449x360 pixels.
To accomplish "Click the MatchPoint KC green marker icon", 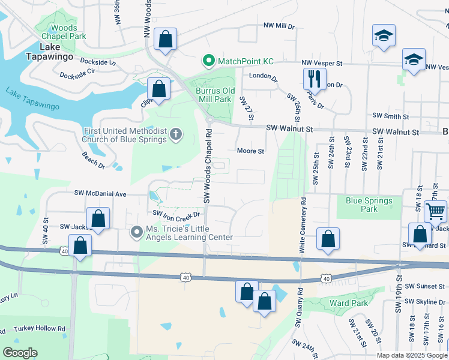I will [208, 61].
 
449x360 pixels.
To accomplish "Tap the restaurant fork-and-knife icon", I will [314, 77].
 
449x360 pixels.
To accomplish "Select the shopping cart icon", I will [435, 211].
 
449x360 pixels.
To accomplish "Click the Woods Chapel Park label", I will [64, 32].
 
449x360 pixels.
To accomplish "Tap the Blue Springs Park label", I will [369, 205].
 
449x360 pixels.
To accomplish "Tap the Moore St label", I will [250, 151].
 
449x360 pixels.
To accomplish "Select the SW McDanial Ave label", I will [100, 194].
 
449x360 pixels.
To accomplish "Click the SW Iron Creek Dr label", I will [175, 214].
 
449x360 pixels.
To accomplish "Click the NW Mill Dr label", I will [279, 26].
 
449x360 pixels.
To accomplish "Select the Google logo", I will [20, 353].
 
